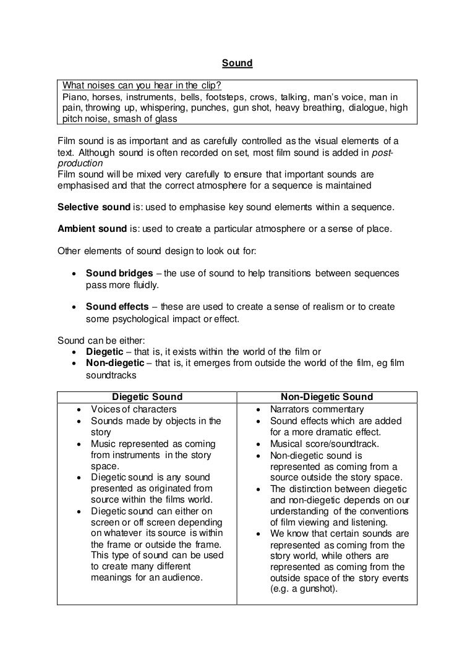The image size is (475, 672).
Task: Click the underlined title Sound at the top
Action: (x=237, y=62)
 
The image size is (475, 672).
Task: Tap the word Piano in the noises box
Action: (x=74, y=97)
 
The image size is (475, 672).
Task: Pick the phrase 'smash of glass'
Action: (x=148, y=119)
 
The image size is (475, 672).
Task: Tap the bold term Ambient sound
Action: (x=92, y=229)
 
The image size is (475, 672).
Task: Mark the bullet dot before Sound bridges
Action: (x=74, y=274)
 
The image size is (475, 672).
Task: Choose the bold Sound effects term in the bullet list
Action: (x=117, y=307)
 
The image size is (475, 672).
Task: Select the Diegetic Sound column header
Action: (x=147, y=397)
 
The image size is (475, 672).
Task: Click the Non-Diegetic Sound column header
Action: (x=327, y=397)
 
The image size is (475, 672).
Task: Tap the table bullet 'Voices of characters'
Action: (x=134, y=409)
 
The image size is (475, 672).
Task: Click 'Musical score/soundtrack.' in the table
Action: (x=324, y=444)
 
